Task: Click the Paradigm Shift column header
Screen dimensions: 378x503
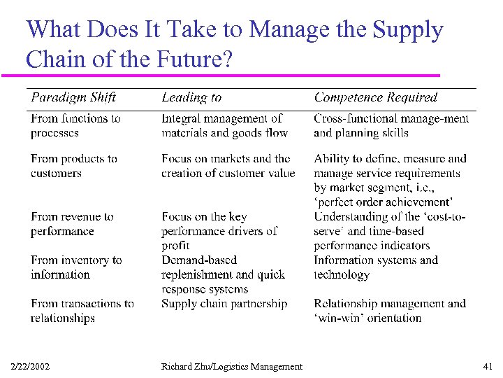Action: coord(73,98)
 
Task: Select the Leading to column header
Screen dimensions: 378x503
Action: coord(191,98)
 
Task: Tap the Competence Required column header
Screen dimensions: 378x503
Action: coord(375,98)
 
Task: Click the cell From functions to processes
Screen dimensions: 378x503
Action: coord(75,126)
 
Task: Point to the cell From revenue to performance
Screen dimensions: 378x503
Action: coord(72,224)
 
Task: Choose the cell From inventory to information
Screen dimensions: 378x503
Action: coord(76,267)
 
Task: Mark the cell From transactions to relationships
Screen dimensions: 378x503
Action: coord(82,311)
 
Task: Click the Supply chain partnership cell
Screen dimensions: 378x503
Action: coord(224,304)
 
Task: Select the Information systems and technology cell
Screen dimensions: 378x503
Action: coord(376,267)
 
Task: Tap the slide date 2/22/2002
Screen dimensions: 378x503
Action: coord(31,366)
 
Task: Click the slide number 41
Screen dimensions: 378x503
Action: coord(487,366)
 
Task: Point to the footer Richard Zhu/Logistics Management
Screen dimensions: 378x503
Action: coord(232,366)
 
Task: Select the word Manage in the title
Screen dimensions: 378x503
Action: coord(287,29)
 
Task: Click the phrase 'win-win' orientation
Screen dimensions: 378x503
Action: coord(367,318)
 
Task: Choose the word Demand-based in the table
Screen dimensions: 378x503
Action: coord(199,260)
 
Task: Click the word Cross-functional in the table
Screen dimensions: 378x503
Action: coord(349,119)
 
